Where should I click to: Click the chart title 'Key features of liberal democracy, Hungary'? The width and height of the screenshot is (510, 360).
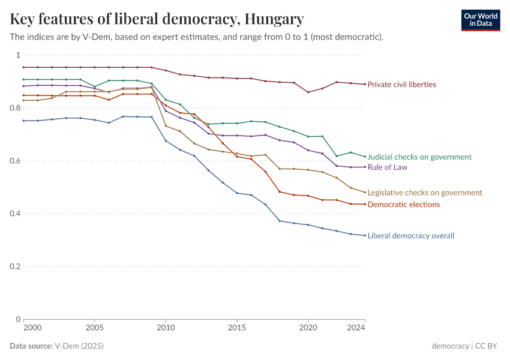157,19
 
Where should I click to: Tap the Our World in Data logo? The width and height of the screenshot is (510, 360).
480,20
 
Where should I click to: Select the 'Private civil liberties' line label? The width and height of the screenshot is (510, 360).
401,85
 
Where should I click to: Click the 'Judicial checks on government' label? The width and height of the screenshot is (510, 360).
419,157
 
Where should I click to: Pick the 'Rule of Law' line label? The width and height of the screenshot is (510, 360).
388,167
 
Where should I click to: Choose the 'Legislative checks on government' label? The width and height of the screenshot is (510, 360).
425,193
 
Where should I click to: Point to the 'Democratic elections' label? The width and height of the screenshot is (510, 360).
403,205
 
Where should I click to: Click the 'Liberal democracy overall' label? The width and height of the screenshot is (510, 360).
410,236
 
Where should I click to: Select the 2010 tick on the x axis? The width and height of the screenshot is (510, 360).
166,328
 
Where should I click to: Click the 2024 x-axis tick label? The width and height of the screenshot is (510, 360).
356,328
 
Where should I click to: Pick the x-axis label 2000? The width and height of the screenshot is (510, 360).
32,328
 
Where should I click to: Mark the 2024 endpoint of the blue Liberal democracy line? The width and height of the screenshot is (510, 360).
365,235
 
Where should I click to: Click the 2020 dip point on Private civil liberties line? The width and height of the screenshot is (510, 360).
308,92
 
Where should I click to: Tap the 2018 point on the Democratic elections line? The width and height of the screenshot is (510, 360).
280,192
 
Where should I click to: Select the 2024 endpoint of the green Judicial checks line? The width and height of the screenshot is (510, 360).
365,157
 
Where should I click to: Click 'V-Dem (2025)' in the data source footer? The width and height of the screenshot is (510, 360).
79,346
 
